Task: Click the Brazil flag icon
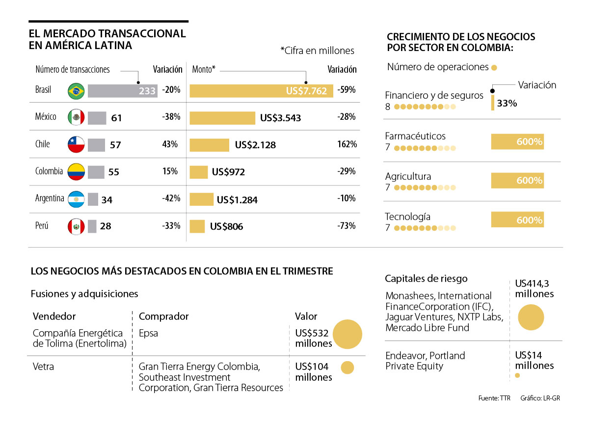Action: point(76,91)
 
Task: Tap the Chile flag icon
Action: point(76,144)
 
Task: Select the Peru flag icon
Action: point(76,226)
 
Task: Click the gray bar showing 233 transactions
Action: point(123,91)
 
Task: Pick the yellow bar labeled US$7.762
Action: point(261,91)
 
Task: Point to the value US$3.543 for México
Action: point(280,118)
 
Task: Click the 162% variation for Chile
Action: point(347,144)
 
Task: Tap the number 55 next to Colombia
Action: point(113,172)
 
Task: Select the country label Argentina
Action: point(50,199)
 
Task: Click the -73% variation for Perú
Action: point(347,226)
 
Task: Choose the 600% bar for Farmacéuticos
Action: point(517,142)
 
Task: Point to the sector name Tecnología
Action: point(408,216)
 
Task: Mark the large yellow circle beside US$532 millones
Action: point(348,334)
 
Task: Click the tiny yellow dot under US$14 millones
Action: point(517,376)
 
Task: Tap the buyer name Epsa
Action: point(148,333)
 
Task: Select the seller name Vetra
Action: point(43,367)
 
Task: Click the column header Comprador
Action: point(163,316)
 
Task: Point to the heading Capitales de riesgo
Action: point(426,279)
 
